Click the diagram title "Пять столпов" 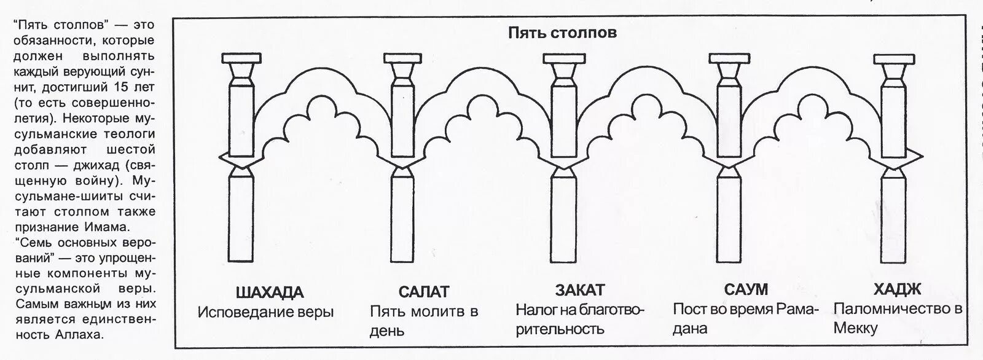point(562,33)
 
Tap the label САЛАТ point(423,291)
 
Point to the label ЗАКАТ point(580,290)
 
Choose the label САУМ point(746,289)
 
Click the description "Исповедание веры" point(265,312)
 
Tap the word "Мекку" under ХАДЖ point(855,329)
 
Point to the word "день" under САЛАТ point(387,331)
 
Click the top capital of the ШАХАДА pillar point(240,60)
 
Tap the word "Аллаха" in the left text point(85,335)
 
